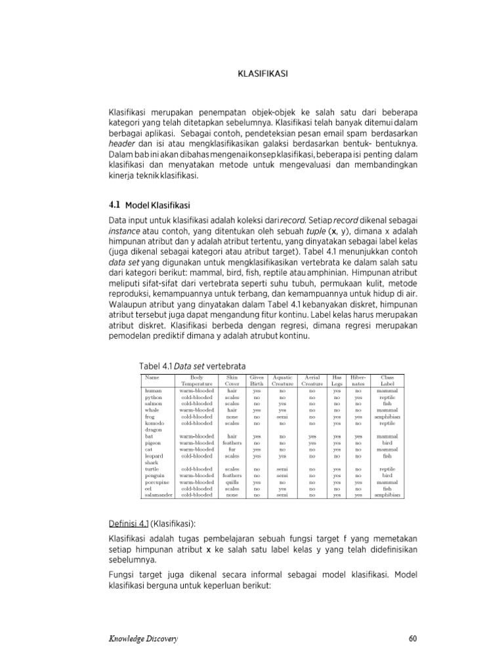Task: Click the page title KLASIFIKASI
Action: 262,74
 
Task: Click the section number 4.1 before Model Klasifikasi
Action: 114,205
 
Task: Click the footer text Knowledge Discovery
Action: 143,639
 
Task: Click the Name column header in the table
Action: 152,378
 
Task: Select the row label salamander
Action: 158,495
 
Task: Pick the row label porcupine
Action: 157,482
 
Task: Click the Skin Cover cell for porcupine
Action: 232,482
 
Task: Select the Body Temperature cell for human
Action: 197,390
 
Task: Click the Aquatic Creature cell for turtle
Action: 283,469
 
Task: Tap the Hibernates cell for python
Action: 358,397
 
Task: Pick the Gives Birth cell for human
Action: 257,390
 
